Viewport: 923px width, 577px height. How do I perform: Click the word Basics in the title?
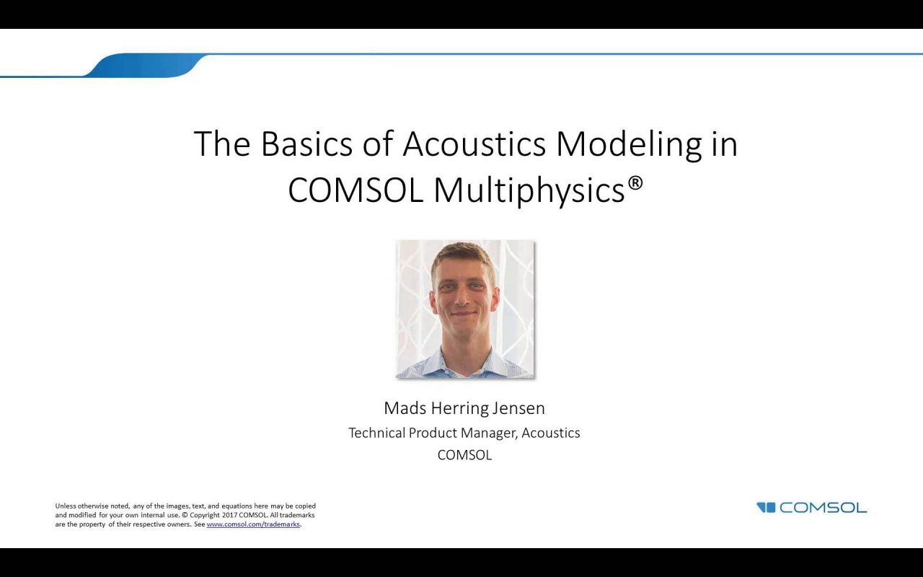[306, 144]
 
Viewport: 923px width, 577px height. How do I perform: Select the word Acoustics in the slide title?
[474, 144]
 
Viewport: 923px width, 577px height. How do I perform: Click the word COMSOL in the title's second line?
[355, 190]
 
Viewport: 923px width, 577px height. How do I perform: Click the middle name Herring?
[459, 408]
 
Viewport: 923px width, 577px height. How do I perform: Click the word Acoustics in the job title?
[551, 433]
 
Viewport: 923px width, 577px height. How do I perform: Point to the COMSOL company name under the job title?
[464, 455]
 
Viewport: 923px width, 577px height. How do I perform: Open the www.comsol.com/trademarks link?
[253, 524]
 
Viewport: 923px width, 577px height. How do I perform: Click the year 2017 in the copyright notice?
[229, 515]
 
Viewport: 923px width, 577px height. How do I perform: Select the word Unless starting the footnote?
[66, 506]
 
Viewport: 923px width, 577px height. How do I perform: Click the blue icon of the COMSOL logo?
[766, 508]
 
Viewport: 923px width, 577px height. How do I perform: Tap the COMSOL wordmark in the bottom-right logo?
[823, 508]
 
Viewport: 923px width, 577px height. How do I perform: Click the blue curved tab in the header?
[144, 66]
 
